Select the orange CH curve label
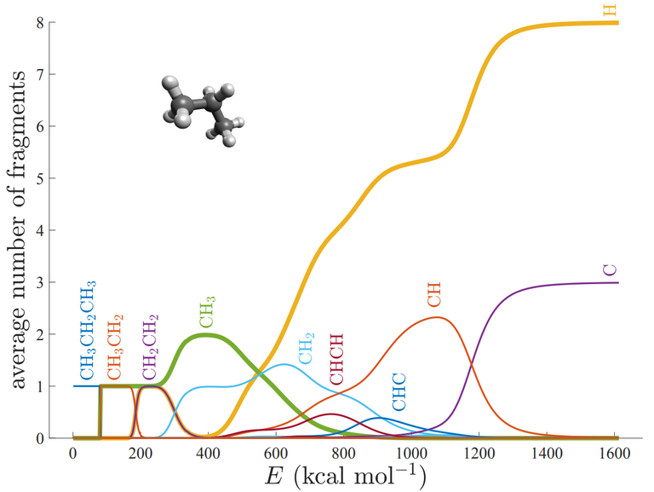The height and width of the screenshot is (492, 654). pos(434,296)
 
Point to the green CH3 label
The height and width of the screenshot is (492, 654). pos(206,312)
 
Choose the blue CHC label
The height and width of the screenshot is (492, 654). pos(399,392)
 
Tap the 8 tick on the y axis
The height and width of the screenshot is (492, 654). pos(54,22)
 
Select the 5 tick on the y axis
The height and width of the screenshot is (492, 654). pos(54,178)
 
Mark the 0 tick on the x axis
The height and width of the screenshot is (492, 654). pos(74,452)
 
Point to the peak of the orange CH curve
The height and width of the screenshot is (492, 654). pos(437,317)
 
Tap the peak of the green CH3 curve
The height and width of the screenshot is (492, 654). pos(206,334)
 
